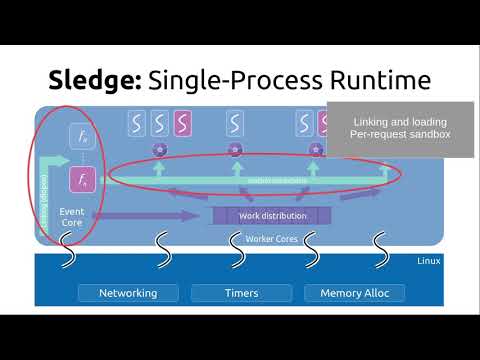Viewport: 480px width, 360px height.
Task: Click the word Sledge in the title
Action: [95, 80]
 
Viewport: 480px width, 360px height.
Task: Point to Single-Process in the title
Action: [235, 80]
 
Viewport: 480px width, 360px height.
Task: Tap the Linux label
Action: [428, 261]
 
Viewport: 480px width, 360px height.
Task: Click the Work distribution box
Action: [272, 215]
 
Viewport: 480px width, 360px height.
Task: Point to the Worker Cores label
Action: [272, 239]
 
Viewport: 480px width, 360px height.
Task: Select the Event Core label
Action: [72, 217]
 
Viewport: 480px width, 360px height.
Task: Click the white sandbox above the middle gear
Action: [235, 124]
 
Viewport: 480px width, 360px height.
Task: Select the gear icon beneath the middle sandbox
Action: [235, 150]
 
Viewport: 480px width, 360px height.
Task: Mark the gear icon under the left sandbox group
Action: [159, 150]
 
